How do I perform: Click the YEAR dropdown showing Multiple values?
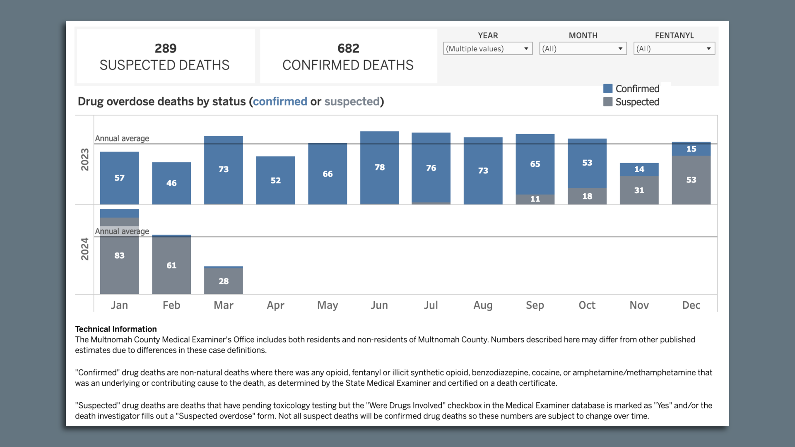tap(487, 49)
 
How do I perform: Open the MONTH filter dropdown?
tap(583, 49)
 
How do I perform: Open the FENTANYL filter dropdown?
tap(674, 49)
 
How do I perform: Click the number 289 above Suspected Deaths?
tap(165, 48)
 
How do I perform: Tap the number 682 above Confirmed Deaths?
tap(348, 48)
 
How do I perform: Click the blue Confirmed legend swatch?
tap(607, 89)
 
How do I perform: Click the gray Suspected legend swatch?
tap(607, 102)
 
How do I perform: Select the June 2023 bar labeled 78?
tap(379, 168)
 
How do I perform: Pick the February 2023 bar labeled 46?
tap(171, 183)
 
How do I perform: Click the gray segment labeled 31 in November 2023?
tap(639, 190)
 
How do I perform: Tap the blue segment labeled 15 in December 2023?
tap(691, 149)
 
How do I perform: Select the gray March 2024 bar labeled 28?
tap(223, 281)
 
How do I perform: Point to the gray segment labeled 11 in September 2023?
tap(535, 199)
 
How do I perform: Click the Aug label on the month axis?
tap(483, 305)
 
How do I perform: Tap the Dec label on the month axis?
tap(691, 305)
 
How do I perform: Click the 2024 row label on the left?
tap(84, 249)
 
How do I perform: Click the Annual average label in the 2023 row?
tap(122, 139)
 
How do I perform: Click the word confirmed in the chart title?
tap(280, 101)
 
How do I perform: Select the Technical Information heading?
tap(116, 329)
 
